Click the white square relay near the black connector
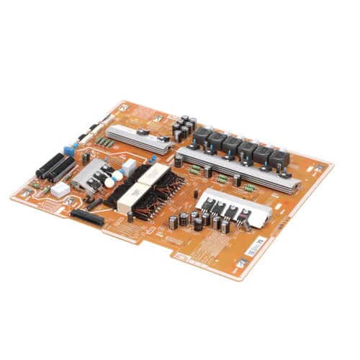pyautogui.click(x=60, y=189)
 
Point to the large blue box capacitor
pyautogui.click(x=70, y=150)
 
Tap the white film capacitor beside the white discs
pyautogui.click(x=128, y=166)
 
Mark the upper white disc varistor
pyautogui.click(x=112, y=173)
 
